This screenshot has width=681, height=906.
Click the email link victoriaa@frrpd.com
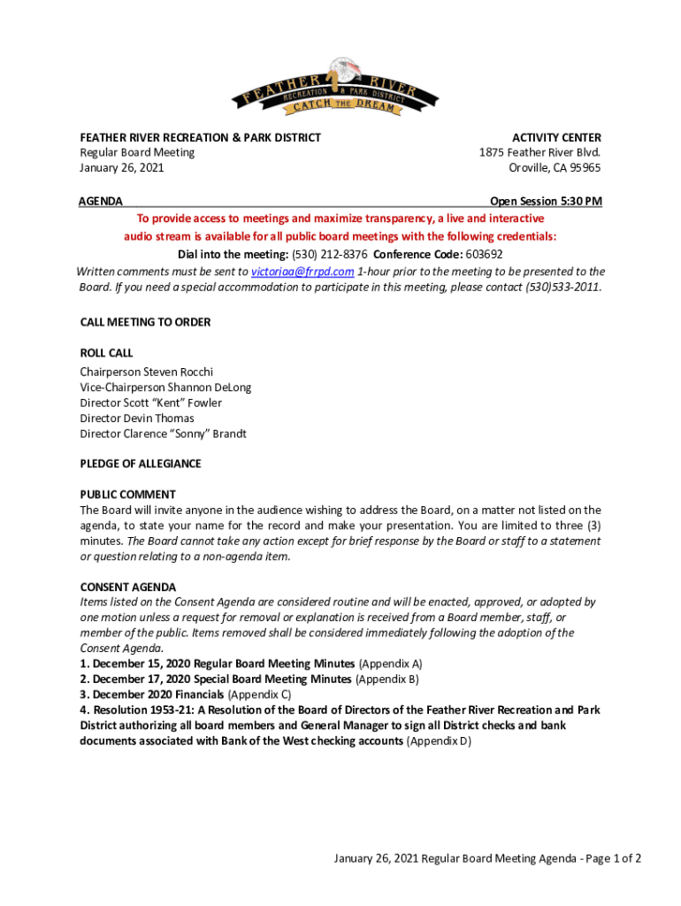coord(302,272)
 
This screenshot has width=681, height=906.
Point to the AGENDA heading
coord(101,202)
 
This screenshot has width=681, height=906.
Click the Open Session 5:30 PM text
coord(539,202)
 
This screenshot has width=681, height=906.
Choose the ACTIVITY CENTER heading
coord(557,137)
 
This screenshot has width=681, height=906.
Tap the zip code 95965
coord(583,167)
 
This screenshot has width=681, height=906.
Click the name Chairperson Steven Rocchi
coord(146,372)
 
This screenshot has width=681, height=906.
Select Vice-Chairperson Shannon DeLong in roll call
coord(165,388)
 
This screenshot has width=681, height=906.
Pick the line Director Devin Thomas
coord(137,418)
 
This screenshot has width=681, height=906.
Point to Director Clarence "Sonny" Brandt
coord(163,434)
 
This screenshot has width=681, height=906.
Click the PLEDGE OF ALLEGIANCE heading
coord(141,464)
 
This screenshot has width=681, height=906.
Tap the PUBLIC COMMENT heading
coord(127,495)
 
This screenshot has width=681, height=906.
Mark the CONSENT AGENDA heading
coord(127,587)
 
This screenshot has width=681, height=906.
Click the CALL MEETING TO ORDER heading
coord(145,322)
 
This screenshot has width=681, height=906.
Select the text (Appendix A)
coord(390,664)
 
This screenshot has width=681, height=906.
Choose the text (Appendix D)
coord(439,741)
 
